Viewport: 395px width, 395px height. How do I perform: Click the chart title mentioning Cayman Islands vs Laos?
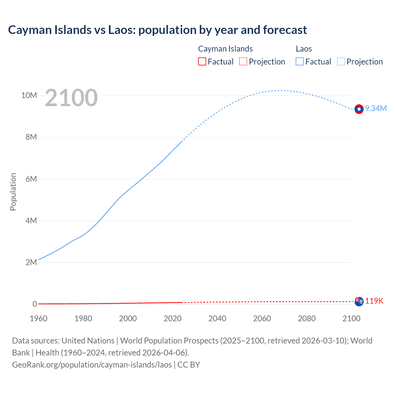click(157, 30)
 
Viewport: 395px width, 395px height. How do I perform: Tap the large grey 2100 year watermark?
click(71, 98)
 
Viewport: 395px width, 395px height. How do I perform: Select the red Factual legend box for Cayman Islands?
click(202, 61)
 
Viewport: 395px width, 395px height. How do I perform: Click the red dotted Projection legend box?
click(243, 61)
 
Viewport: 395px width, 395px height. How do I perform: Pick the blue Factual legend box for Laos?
click(299, 61)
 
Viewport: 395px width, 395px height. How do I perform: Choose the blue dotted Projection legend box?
click(341, 61)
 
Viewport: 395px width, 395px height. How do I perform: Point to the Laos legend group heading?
click(304, 49)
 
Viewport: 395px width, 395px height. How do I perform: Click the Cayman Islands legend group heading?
click(225, 49)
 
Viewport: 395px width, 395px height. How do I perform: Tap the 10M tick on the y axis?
click(29, 95)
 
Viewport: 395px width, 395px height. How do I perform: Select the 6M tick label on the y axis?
click(31, 179)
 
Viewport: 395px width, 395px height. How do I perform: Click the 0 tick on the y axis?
click(35, 304)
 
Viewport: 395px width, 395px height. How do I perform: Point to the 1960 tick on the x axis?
click(39, 318)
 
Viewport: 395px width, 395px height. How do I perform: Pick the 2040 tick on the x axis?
click(217, 318)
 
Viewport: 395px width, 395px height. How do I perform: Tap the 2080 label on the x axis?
click(307, 318)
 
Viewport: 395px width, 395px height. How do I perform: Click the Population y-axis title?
click(13, 192)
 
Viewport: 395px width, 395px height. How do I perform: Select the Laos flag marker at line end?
click(359, 109)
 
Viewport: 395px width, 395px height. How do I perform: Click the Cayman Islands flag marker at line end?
click(359, 301)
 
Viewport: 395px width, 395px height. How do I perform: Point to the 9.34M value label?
click(376, 108)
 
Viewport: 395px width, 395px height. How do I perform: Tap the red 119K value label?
click(374, 301)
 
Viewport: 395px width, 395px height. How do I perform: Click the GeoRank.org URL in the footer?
click(92, 364)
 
